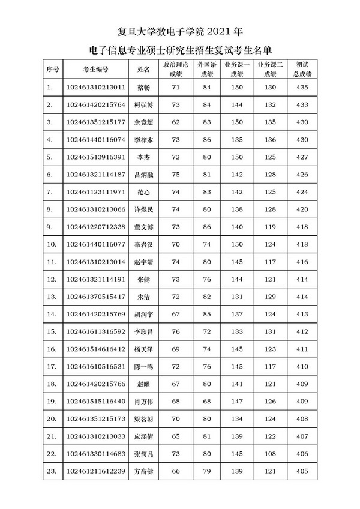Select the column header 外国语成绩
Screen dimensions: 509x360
[207, 69]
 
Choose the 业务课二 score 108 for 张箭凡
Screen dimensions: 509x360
[270, 454]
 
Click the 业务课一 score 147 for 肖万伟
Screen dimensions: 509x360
[238, 401]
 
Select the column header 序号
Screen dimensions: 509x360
[53, 69]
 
